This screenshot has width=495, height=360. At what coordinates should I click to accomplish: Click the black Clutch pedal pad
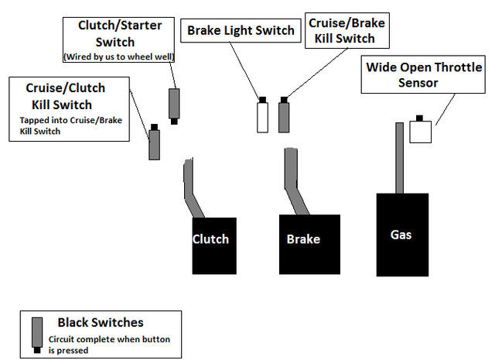pyautogui.click(x=211, y=244)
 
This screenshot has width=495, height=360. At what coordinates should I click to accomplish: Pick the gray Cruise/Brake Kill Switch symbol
pyautogui.click(x=285, y=116)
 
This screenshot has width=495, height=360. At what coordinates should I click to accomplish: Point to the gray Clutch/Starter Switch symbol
pyautogui.click(x=174, y=104)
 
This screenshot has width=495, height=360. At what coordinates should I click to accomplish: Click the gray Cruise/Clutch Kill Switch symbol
pyautogui.click(x=154, y=143)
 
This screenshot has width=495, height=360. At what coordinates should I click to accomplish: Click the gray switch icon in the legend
pyautogui.click(x=36, y=334)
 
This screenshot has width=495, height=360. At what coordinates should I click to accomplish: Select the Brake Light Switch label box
pyautogui.click(x=241, y=31)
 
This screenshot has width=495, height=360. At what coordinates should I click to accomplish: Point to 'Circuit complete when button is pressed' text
pyautogui.click(x=108, y=344)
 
